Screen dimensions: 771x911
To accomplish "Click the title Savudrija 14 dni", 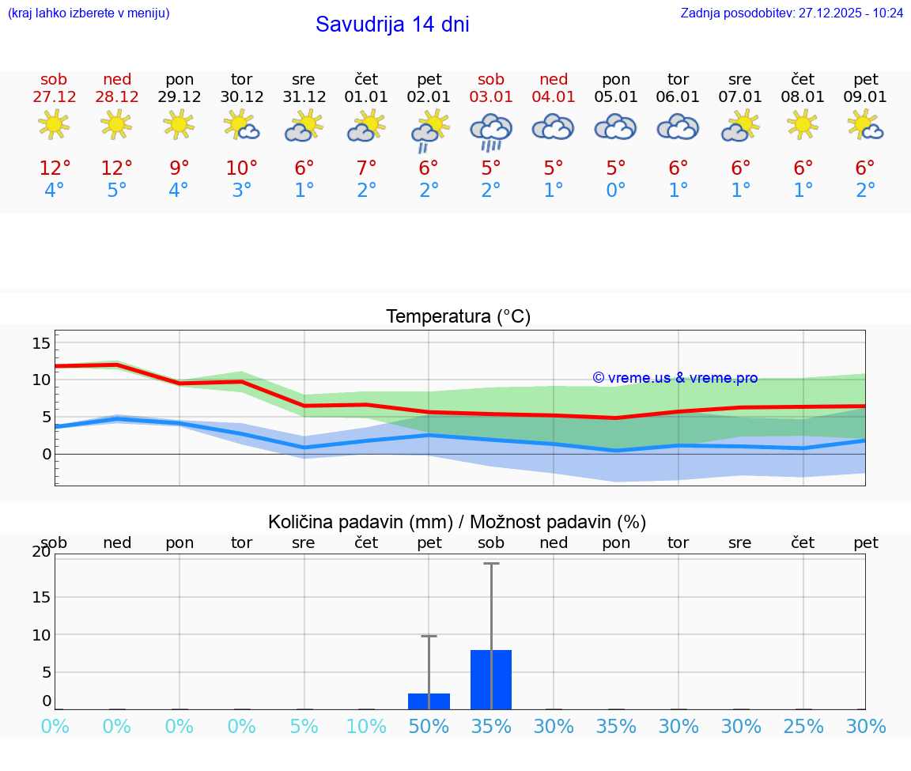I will pyautogui.click(x=392, y=25).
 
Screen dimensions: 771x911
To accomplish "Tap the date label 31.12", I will pyautogui.click(x=304, y=96).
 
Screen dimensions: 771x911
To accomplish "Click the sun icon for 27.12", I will pyautogui.click(x=54, y=124).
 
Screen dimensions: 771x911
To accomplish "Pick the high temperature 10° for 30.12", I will pyautogui.click(x=241, y=168).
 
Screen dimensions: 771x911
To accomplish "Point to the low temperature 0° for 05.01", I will pyautogui.click(x=616, y=191).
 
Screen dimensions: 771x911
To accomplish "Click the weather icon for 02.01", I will pyautogui.click(x=429, y=130).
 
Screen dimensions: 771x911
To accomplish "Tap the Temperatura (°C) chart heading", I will pyautogui.click(x=459, y=317).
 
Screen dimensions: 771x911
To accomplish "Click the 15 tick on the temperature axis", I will pyautogui.click(x=41, y=343).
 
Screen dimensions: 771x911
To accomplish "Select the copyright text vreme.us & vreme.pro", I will pyautogui.click(x=675, y=378).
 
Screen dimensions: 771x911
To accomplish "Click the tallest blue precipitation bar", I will pyautogui.click(x=491, y=679).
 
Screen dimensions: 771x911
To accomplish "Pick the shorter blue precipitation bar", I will pyautogui.click(x=429, y=701).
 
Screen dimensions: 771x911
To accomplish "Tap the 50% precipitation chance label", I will pyautogui.click(x=429, y=726).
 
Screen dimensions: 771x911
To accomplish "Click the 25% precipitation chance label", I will pyautogui.click(x=803, y=726).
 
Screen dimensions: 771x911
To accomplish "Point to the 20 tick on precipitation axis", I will pyautogui.click(x=41, y=552).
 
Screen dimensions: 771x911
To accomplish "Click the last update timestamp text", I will pyautogui.click(x=792, y=13).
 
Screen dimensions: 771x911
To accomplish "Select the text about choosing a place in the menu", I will pyautogui.click(x=89, y=13).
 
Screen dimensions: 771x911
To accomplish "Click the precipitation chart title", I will pyautogui.click(x=457, y=522).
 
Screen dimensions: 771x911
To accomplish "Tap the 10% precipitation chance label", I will pyautogui.click(x=366, y=726).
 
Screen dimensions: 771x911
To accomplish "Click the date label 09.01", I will pyautogui.click(x=866, y=96).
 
